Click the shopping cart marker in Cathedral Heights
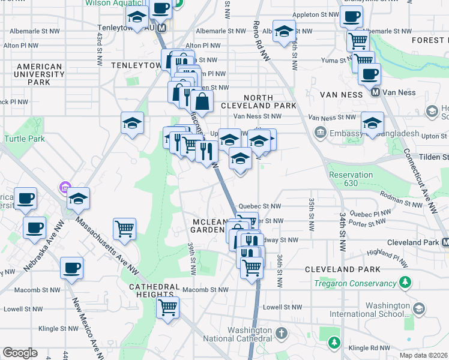[168, 308]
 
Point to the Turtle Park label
[25, 139]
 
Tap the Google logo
[20, 353]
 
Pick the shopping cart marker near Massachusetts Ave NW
[124, 229]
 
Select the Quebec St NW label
[259, 206]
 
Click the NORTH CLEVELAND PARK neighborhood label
[270, 101]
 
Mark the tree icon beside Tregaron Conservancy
[406, 282]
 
